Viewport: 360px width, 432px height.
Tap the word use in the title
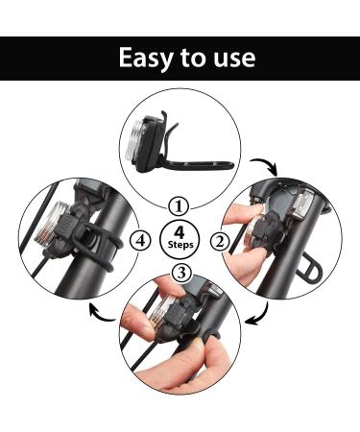tap(233, 58)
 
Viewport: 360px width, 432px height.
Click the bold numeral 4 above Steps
tap(180, 230)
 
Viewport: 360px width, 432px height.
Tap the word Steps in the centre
tap(180, 246)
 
